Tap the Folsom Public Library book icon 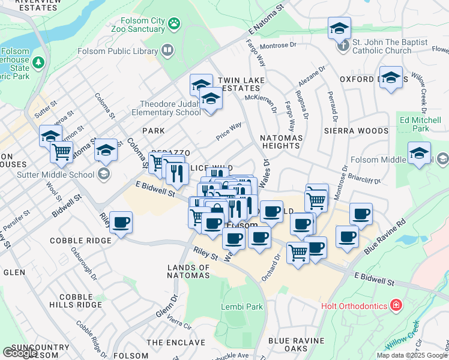tap(167, 50)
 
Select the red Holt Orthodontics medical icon tap(395, 306)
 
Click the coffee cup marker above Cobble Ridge tap(121, 223)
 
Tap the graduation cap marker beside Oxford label tap(391, 78)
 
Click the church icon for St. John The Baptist tap(343, 46)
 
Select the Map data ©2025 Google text tap(411, 355)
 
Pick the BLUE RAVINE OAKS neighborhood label tap(296, 345)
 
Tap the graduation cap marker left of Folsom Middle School tap(418, 153)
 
